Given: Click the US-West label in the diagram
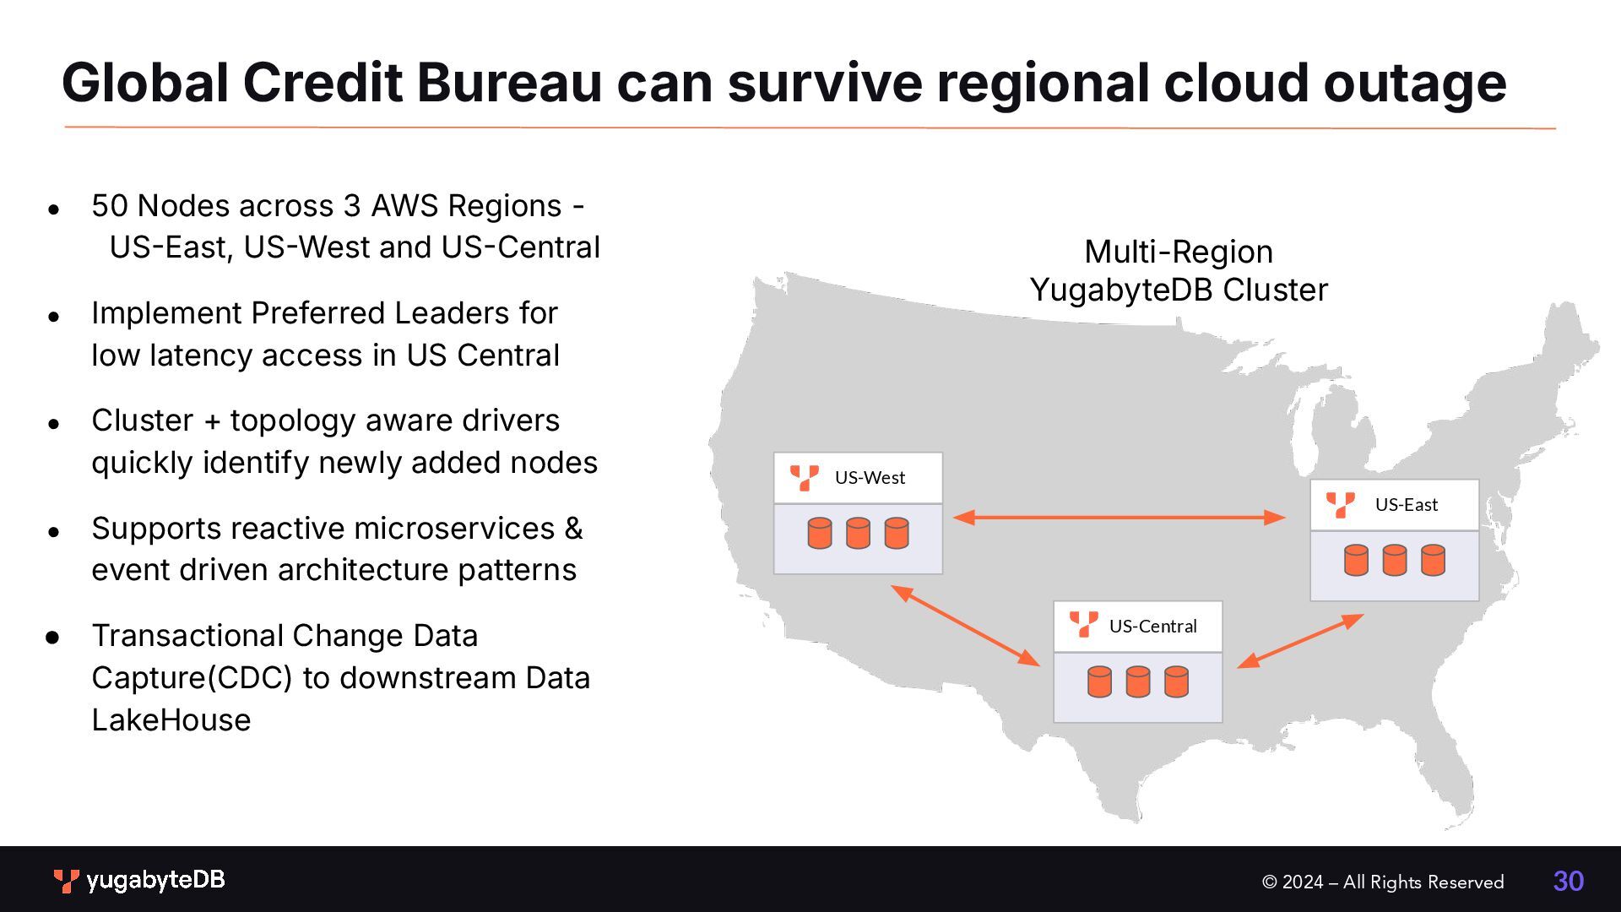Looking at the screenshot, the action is [x=870, y=478].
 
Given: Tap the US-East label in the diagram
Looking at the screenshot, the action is [x=1406, y=505].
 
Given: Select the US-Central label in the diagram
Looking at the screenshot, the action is [x=1152, y=627].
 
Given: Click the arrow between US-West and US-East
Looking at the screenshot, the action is [x=1119, y=518].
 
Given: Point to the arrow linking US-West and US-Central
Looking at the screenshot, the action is [x=966, y=626].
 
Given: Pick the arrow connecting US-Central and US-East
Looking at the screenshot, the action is [x=1300, y=641].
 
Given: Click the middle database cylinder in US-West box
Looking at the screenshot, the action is [x=858, y=534].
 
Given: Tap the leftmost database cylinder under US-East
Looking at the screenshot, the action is [x=1356, y=561].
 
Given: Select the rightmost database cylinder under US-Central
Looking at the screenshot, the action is [x=1176, y=682].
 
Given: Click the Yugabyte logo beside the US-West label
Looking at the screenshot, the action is [x=804, y=478].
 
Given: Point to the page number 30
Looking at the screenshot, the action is [x=1568, y=882].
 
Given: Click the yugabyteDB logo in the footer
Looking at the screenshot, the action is [x=139, y=881].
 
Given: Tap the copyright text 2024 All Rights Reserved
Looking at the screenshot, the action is [x=1382, y=882].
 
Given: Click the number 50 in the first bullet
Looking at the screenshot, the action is [x=109, y=206].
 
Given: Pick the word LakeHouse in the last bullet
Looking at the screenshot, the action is [x=171, y=720].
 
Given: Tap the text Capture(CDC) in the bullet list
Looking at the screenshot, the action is [x=192, y=678].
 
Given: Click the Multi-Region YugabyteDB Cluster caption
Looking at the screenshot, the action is [x=1179, y=271].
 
